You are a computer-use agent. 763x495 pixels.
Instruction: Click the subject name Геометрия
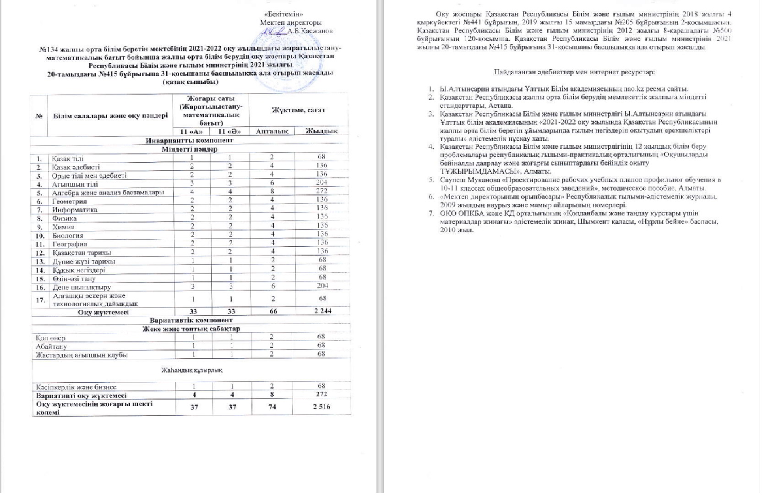[69, 201]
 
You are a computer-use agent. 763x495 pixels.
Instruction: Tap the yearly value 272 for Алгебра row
[322, 191]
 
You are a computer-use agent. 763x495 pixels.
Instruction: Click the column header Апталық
[272, 131]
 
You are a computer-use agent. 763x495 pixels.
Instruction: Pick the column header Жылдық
[322, 131]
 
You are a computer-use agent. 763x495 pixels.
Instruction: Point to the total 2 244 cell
[322, 311]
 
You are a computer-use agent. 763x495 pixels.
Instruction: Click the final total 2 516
[322, 407]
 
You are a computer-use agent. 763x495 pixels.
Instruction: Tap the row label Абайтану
[51, 346]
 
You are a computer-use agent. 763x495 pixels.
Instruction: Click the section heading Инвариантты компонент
[190, 140]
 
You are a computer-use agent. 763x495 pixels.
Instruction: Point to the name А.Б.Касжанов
[310, 31]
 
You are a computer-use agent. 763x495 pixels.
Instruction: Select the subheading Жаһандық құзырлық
[191, 370]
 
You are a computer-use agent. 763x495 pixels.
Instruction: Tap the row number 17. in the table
[40, 300]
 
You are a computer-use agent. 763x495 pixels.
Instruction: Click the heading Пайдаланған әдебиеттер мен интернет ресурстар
[574, 72]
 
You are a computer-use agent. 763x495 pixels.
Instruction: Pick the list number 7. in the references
[431, 213]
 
